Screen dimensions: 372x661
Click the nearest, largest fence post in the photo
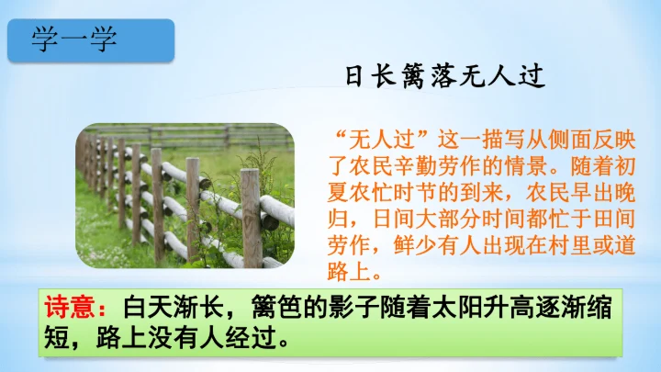coord(251,217)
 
